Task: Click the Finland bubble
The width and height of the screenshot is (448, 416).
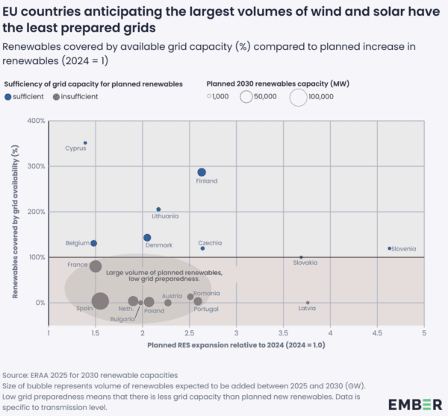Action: point(202,172)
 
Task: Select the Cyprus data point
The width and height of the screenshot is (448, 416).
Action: point(85,142)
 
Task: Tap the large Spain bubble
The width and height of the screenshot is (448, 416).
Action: point(100,300)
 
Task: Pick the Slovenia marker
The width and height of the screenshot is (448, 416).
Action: point(390,248)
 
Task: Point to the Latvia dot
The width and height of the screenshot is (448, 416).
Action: point(308,303)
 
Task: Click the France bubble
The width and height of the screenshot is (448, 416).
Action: point(96,266)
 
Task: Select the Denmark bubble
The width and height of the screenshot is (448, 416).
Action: point(147,238)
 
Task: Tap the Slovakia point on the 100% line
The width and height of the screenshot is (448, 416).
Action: point(301,257)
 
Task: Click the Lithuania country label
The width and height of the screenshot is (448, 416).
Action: point(165,216)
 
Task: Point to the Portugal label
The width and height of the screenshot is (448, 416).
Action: point(205,309)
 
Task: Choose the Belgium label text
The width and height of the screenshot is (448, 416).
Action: point(77,244)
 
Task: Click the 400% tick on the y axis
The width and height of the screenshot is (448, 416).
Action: point(36,120)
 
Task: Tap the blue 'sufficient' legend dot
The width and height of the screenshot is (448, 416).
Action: point(7,96)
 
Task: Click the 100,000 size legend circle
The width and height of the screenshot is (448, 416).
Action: point(298,96)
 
